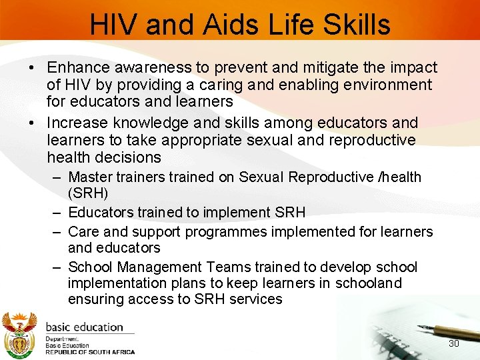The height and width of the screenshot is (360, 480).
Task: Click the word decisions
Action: (x=128, y=157)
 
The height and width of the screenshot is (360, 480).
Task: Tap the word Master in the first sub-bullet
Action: (x=90, y=177)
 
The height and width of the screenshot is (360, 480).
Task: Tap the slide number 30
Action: (x=454, y=343)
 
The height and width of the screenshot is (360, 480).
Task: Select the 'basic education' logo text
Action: (x=85, y=327)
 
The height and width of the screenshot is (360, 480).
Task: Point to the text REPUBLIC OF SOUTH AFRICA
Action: (x=90, y=352)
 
